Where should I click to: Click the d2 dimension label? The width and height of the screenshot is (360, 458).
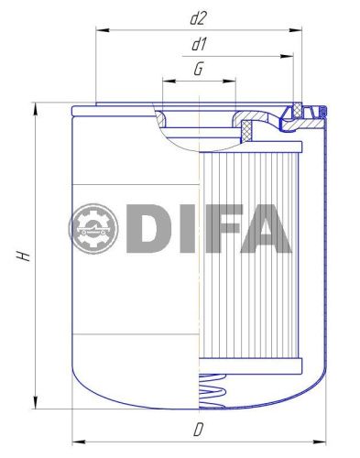tap(198, 16)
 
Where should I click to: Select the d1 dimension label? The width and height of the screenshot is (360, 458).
tap(198, 43)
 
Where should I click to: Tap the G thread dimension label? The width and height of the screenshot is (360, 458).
tap(198, 69)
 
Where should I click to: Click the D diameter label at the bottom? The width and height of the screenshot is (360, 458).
tap(198, 429)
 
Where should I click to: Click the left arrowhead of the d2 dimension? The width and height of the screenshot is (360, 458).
tap(100, 30)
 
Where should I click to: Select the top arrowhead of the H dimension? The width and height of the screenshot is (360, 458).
tap(35, 104)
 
